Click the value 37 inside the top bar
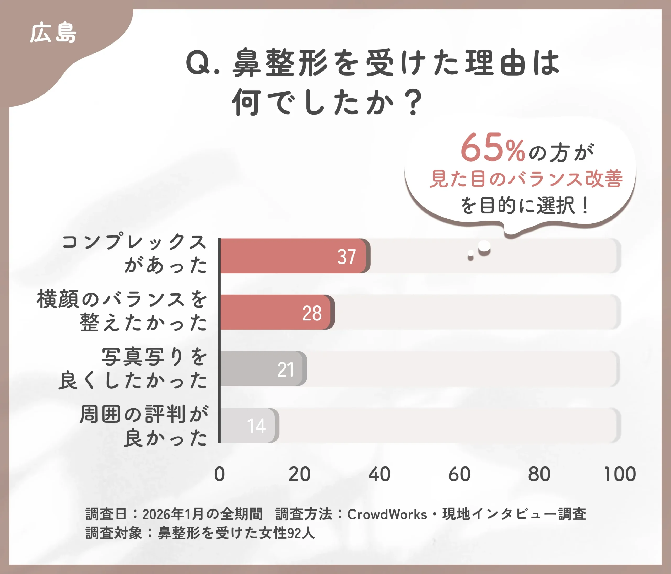347,257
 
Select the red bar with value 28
275,312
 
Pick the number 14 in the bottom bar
256,426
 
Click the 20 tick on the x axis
299,474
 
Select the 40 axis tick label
379,474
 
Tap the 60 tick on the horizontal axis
459,474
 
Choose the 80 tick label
539,474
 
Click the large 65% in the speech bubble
492,148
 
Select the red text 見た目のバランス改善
526,179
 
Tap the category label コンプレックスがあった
134,253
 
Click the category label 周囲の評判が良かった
143,426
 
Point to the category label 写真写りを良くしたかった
133,369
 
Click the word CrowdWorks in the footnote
387,514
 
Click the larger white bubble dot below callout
484,246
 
